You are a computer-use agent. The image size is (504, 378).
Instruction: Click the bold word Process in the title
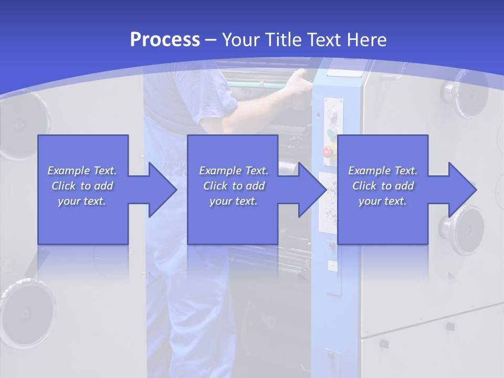click(x=165, y=40)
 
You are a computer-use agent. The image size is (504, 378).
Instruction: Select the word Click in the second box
click(x=215, y=186)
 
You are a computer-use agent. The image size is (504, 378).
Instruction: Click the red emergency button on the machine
click(x=328, y=152)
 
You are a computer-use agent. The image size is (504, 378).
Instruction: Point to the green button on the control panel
click(x=331, y=132)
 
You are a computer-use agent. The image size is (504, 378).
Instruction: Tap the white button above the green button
click(x=331, y=114)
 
